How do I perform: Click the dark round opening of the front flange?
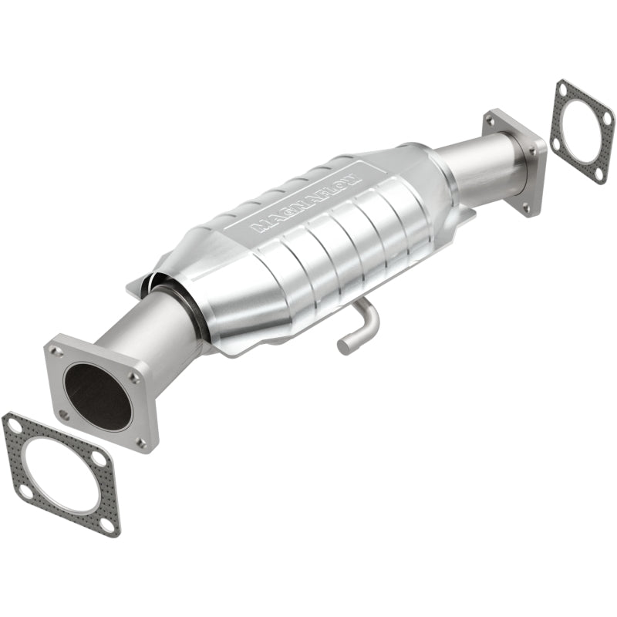[x=97, y=396]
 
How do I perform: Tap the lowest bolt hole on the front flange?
[x=141, y=442]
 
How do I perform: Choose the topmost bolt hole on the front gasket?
[x=13, y=423]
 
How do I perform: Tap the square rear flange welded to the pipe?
[x=515, y=162]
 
